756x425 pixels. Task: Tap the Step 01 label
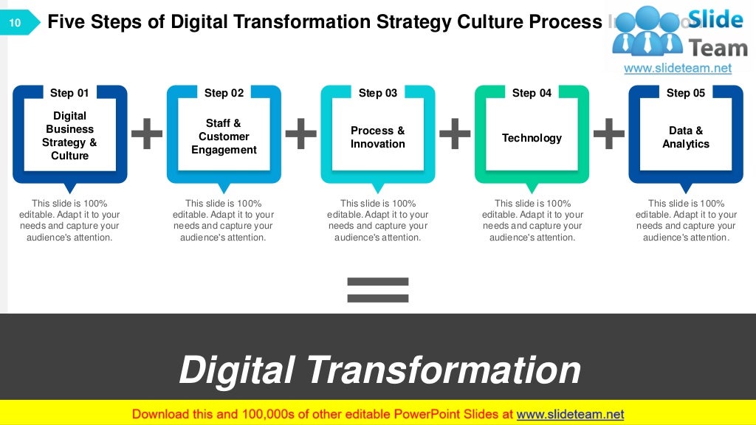pyautogui.click(x=69, y=93)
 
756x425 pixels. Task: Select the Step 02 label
pyautogui.click(x=224, y=93)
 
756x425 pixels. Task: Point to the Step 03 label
pyautogui.click(x=378, y=93)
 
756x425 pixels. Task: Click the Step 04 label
pyautogui.click(x=532, y=93)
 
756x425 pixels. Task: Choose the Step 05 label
pyautogui.click(x=686, y=93)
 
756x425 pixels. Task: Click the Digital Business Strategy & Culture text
pyautogui.click(x=69, y=136)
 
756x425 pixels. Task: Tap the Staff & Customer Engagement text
pyautogui.click(x=224, y=137)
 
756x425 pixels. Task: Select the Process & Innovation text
pyautogui.click(x=378, y=137)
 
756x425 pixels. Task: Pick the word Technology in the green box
pyautogui.click(x=532, y=138)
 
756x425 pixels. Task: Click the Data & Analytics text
pyautogui.click(x=686, y=137)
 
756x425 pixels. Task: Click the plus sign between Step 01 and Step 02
pyautogui.click(x=147, y=134)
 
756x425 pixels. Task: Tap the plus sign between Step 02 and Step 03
pyautogui.click(x=300, y=134)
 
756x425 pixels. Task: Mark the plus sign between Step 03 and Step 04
pyautogui.click(x=455, y=134)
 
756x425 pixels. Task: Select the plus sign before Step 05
pyautogui.click(x=609, y=134)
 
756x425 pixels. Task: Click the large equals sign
pyautogui.click(x=377, y=290)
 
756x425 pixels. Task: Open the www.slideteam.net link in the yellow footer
pyautogui.click(x=570, y=414)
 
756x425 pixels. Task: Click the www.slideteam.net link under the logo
pyautogui.click(x=678, y=68)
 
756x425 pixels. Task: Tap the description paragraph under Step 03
pyautogui.click(x=378, y=221)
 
